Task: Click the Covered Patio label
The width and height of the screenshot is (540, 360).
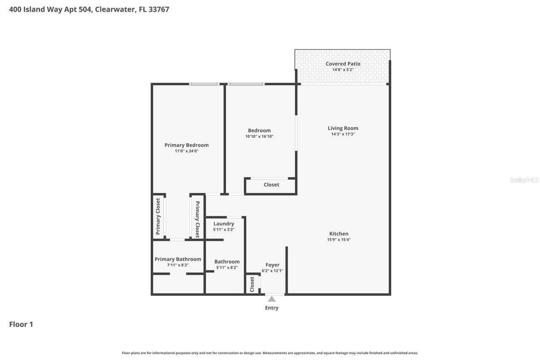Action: [343, 64]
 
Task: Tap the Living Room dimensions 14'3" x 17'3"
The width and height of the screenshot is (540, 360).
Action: [343, 134]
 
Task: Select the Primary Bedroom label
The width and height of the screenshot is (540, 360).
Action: [186, 145]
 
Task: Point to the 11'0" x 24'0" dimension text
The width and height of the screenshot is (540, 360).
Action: [186, 151]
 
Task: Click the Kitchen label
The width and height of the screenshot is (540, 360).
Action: [339, 234]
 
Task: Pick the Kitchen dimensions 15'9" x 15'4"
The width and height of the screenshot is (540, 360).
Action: [339, 240]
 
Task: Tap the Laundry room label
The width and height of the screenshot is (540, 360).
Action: [224, 224]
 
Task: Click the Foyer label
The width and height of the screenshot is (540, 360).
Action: [273, 265]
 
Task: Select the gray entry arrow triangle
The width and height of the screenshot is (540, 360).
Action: [272, 299]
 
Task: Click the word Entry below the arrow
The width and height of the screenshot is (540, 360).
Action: [272, 308]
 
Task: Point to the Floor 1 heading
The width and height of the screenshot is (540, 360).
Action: [21, 325]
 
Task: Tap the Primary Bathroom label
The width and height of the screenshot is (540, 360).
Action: [178, 259]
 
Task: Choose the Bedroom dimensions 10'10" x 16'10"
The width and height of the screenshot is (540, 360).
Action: [259, 136]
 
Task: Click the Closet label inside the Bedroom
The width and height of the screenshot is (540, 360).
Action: [271, 185]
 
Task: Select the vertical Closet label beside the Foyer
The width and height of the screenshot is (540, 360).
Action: [252, 284]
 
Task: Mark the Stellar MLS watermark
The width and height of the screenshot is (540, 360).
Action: [524, 180]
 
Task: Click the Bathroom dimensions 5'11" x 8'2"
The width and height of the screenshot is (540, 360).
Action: [227, 268]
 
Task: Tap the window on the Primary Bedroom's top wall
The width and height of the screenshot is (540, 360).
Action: [204, 84]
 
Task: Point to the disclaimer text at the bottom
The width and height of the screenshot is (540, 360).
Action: [270, 353]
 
